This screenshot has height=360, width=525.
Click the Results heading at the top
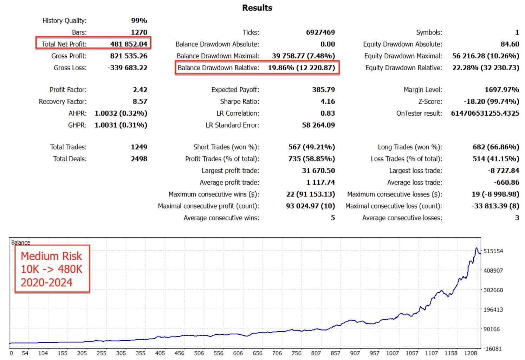click(x=257, y=8)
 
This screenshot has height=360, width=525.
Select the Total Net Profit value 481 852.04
click(x=129, y=44)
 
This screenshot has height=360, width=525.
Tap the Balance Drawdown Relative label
click(x=218, y=67)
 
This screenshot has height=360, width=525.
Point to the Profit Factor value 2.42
click(x=140, y=90)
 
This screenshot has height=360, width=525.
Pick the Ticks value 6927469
click(x=320, y=32)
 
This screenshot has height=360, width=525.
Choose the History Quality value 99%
click(x=139, y=20)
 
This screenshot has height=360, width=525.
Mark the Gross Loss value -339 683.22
click(x=127, y=67)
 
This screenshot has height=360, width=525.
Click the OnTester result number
click(x=485, y=113)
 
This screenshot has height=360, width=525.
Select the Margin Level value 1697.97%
click(x=502, y=90)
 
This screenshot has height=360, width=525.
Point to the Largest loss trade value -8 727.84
click(x=503, y=171)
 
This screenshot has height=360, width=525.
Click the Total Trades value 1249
click(x=139, y=147)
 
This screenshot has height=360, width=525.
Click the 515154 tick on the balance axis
click(x=493, y=251)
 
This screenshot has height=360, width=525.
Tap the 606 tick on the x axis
click(x=238, y=353)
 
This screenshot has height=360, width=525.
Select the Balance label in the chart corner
click(x=20, y=243)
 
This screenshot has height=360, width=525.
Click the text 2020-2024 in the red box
click(x=46, y=282)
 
